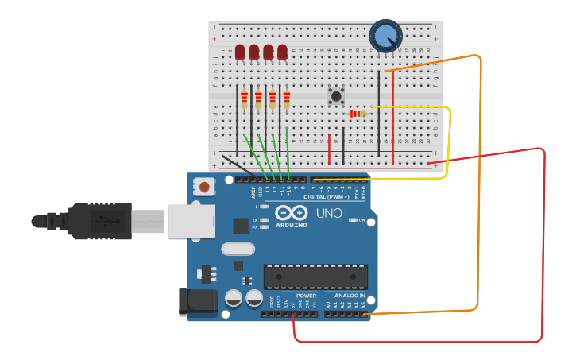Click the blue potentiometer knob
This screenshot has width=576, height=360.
385,36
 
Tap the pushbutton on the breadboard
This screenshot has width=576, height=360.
336,97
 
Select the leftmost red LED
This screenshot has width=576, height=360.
240,52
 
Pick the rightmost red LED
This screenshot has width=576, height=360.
283,52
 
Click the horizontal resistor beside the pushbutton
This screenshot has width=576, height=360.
358,114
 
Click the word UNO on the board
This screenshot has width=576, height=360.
329,214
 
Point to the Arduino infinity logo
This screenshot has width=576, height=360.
291,213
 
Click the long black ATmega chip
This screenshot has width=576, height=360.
315,277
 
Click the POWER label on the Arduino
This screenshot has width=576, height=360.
306,296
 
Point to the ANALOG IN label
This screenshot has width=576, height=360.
350,296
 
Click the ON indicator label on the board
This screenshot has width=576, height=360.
361,220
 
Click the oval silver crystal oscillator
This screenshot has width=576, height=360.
238,249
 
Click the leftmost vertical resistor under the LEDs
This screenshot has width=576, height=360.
244,99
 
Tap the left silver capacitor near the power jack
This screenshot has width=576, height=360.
234,299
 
